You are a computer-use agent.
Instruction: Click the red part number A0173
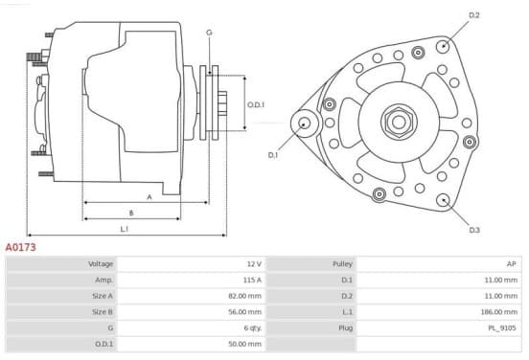click(20, 247)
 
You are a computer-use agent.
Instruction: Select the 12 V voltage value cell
click(254, 264)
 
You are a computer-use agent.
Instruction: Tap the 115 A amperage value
click(252, 280)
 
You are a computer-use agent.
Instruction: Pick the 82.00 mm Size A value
click(245, 296)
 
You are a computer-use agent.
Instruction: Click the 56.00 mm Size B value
click(245, 312)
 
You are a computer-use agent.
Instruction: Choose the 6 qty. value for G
click(253, 328)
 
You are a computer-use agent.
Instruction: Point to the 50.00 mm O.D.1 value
click(245, 344)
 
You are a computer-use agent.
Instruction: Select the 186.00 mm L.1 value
click(499, 312)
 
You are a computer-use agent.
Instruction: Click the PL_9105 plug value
click(502, 328)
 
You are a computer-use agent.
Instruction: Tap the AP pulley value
click(512, 264)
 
